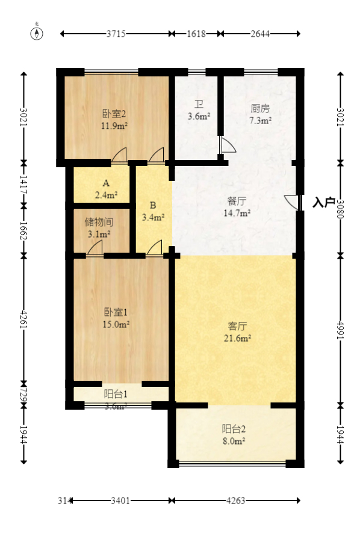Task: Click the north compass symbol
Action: coord(37,33)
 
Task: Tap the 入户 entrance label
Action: coord(323,203)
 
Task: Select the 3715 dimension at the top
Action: coord(116,34)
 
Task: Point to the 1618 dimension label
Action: coord(195,34)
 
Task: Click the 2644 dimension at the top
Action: coord(260,34)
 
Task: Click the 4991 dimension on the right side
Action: coord(341,328)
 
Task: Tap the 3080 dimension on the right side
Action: coord(341,209)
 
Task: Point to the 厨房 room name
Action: coord(259,109)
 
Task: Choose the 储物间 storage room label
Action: coord(98,222)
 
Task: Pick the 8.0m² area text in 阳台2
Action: coord(234,441)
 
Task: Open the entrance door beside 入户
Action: coord(291,202)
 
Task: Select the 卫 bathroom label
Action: coord(199,103)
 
